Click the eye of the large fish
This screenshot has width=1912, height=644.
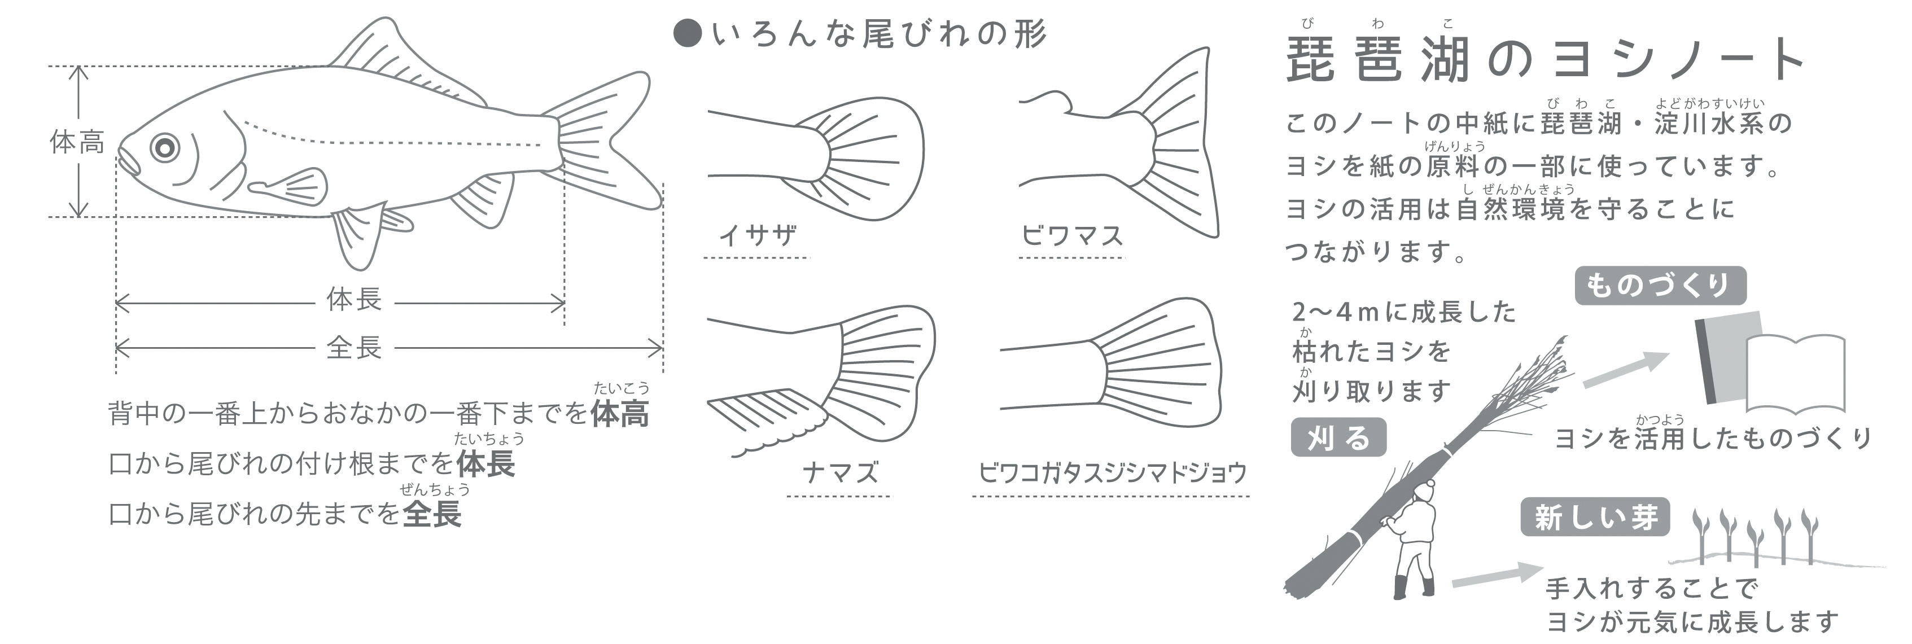pos(165,147)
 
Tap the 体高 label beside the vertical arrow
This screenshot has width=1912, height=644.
pos(77,142)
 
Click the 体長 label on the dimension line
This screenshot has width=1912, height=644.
pos(354,300)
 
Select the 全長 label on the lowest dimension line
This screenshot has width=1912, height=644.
pos(354,347)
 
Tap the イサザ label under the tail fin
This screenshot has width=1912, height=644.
pos(758,235)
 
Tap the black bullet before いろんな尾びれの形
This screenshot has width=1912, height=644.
pos(688,34)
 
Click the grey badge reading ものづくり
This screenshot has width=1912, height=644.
pos(1660,286)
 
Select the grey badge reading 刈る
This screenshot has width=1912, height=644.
pos(1338,438)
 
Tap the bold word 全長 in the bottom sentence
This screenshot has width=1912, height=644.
pos(432,514)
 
